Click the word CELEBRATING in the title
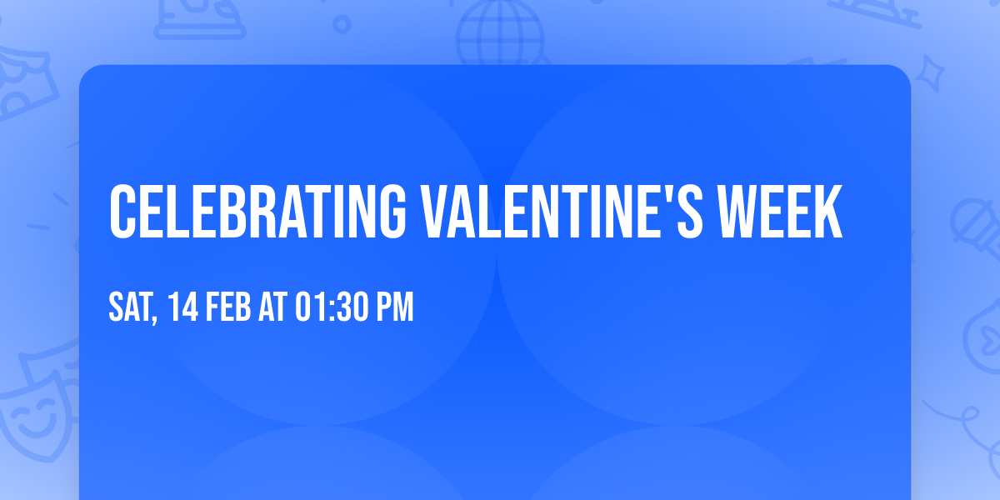[x=257, y=212]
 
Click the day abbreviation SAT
[x=130, y=307]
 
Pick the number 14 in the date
[x=183, y=307]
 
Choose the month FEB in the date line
[x=228, y=307]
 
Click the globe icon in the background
[x=500, y=29]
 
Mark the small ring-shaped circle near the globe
[x=342, y=24]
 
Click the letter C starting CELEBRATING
[x=122, y=212]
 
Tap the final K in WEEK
[x=828, y=212]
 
